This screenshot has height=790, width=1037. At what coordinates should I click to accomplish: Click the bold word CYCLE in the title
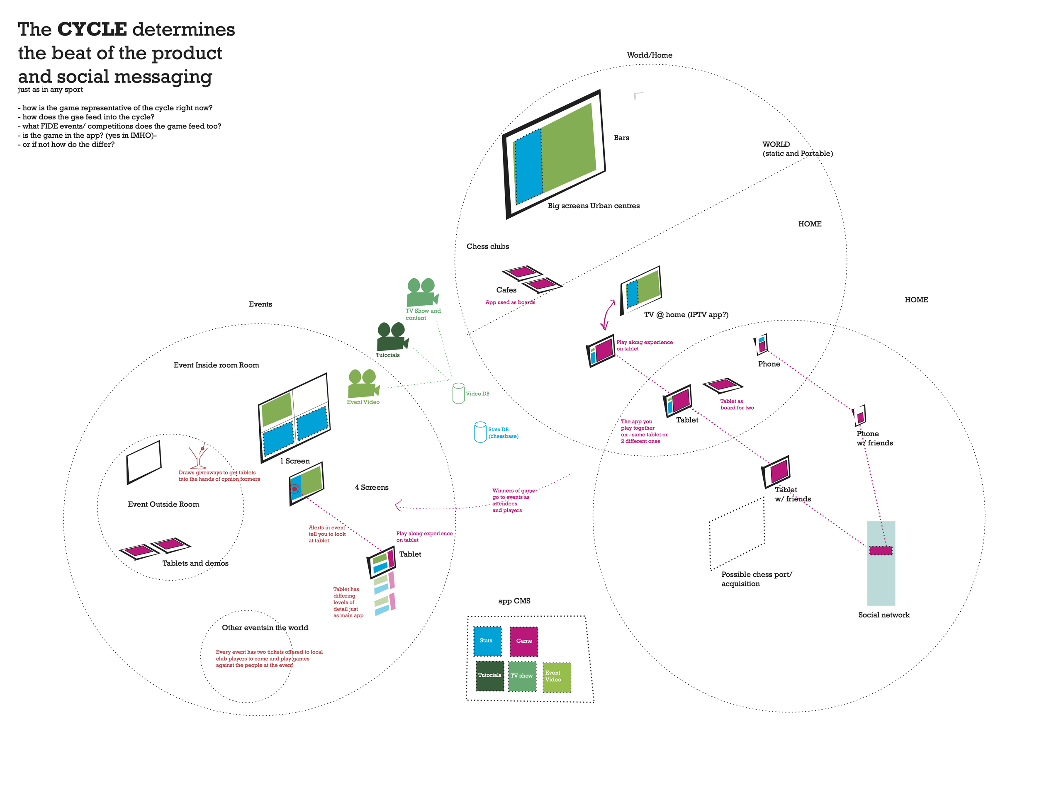[92, 29]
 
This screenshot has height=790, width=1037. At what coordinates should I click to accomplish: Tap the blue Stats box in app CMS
[487, 641]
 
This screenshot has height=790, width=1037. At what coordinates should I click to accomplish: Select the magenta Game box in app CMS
[524, 642]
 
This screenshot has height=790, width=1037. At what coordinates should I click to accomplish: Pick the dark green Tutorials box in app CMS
[489, 676]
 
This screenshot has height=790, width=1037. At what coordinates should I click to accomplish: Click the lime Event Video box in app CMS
[557, 677]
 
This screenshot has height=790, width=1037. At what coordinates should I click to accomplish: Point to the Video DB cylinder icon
[458, 393]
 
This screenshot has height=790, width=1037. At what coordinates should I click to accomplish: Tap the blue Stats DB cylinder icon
[480, 432]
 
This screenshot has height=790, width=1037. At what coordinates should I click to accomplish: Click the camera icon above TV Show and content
[422, 292]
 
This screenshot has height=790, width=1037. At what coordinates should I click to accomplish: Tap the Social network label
[884, 615]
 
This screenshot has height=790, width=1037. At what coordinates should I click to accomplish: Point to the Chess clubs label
[488, 246]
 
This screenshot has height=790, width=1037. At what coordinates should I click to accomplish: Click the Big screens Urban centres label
[594, 206]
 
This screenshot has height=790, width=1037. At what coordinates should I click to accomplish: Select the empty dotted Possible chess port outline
[737, 533]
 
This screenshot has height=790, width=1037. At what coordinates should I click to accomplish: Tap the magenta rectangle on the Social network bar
[880, 551]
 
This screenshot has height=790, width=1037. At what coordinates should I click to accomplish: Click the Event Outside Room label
[163, 505]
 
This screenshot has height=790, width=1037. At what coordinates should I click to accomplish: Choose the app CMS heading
[514, 601]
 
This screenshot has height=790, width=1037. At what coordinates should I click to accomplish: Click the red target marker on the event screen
[295, 489]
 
